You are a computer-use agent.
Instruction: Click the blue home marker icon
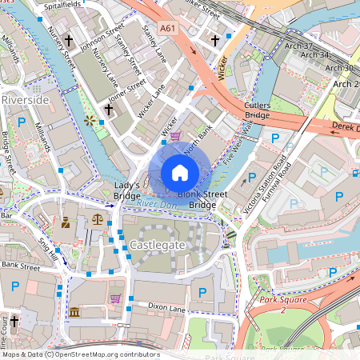click(180, 173)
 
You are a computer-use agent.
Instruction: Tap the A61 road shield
click(167, 29)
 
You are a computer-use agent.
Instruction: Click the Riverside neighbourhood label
click(25, 99)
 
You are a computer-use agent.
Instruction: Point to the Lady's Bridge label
click(127, 190)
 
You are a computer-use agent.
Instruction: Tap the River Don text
click(155, 205)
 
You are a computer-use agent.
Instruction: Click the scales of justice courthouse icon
click(98, 217)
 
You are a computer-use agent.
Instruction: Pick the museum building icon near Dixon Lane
click(74, 311)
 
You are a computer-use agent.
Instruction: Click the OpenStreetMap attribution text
click(80, 354)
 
